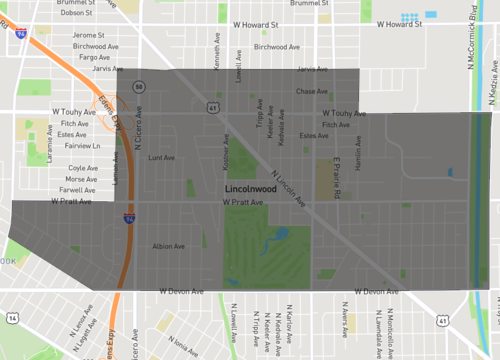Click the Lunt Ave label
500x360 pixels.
click(x=160, y=158)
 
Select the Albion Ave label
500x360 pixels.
click(x=167, y=246)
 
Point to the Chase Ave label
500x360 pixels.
click(x=312, y=91)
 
